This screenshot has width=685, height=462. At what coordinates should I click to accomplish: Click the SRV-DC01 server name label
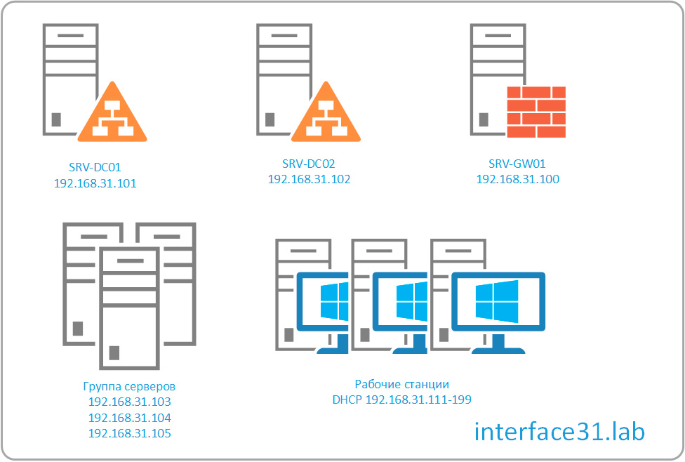95,167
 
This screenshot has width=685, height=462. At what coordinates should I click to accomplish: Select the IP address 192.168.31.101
95,184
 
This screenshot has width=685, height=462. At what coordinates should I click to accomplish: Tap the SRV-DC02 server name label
309,164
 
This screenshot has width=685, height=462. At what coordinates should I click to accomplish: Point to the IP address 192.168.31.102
309,179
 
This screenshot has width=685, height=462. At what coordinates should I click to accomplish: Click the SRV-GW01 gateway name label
518,164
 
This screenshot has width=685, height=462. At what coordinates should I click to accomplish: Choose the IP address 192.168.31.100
518,179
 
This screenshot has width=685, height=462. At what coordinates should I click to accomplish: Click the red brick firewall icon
536,111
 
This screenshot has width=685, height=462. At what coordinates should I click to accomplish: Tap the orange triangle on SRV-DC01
112,114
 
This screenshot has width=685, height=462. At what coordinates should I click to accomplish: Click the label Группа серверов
130,387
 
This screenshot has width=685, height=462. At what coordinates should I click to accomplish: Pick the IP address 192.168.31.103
130,402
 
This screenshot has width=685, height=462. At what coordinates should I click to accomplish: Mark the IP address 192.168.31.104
130,418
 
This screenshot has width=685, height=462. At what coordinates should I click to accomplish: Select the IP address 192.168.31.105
130,433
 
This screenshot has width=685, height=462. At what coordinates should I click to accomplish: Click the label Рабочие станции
401,384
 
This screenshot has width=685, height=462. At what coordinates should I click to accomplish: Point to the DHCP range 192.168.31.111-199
401,400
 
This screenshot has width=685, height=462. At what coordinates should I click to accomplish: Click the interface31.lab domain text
559,430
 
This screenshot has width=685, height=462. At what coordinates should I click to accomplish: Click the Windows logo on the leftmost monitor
334,301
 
